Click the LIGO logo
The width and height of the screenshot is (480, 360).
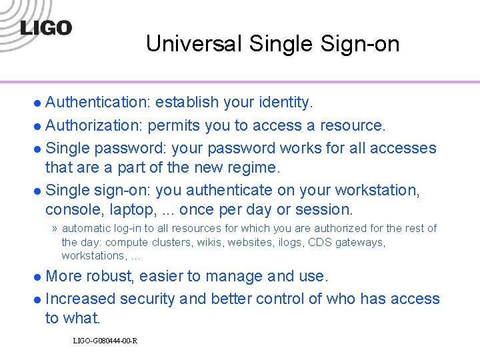point(45,29)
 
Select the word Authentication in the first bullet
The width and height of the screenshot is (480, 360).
point(99,102)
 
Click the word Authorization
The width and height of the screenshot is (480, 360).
point(95,125)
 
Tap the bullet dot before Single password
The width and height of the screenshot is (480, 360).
point(39,149)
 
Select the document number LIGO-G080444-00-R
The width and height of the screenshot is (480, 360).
point(105,341)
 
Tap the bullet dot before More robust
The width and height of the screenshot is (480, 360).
point(39,277)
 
